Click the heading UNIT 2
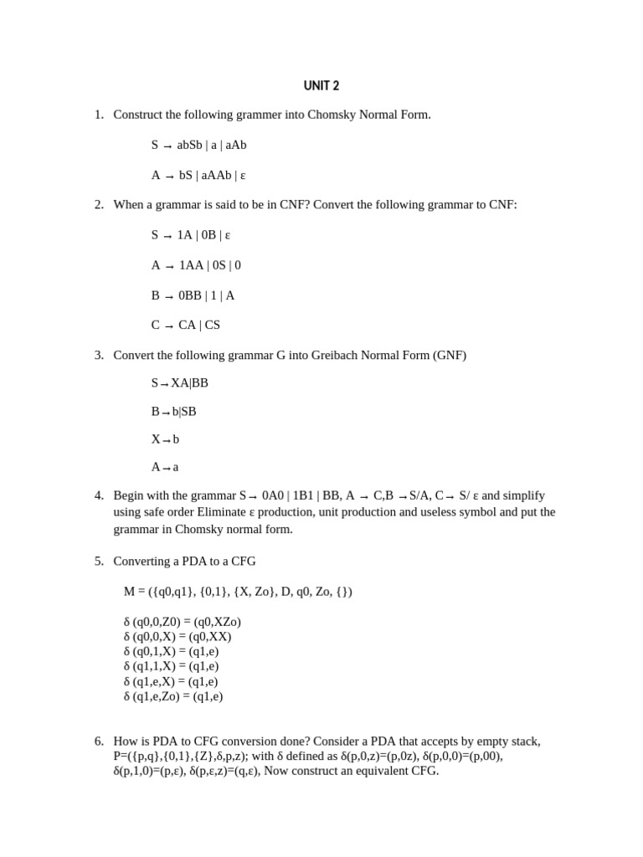(x=321, y=85)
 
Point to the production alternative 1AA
(x=192, y=265)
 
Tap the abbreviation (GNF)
(x=450, y=355)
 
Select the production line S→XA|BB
(x=179, y=383)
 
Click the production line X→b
(x=165, y=439)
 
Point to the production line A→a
(x=165, y=468)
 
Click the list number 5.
(x=98, y=562)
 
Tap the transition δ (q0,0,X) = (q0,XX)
(x=177, y=636)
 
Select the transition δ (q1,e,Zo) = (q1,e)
(x=173, y=696)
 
